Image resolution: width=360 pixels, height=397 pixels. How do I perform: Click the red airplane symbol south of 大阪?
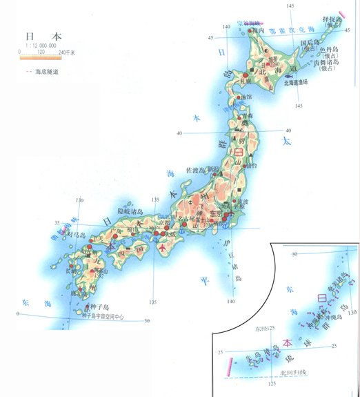pyautogui.click(x=163, y=246)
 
